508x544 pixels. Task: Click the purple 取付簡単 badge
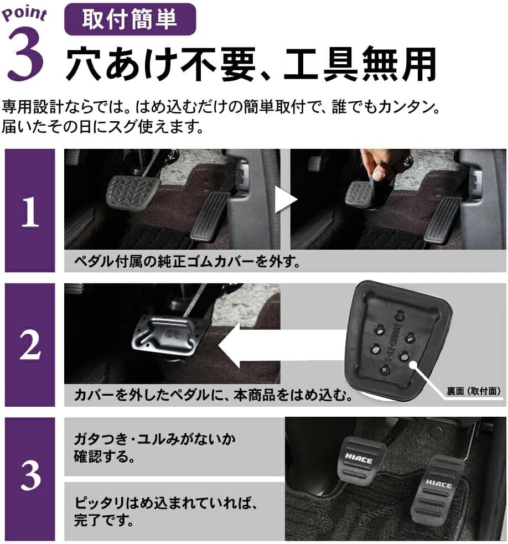130,19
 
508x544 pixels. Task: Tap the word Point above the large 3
24,14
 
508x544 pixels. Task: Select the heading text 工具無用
360,65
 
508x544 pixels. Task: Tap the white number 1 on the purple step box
30,212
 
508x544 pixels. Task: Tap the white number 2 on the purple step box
30,345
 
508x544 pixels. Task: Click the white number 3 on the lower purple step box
30,475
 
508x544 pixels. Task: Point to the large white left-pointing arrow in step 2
281,345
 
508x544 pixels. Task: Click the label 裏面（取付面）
474,391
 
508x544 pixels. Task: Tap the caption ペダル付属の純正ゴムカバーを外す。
188,261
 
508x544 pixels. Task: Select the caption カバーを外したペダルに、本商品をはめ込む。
214,395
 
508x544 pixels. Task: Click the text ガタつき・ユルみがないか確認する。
155,448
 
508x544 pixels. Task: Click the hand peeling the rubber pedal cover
382,165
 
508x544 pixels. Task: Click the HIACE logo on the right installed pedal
439,483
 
